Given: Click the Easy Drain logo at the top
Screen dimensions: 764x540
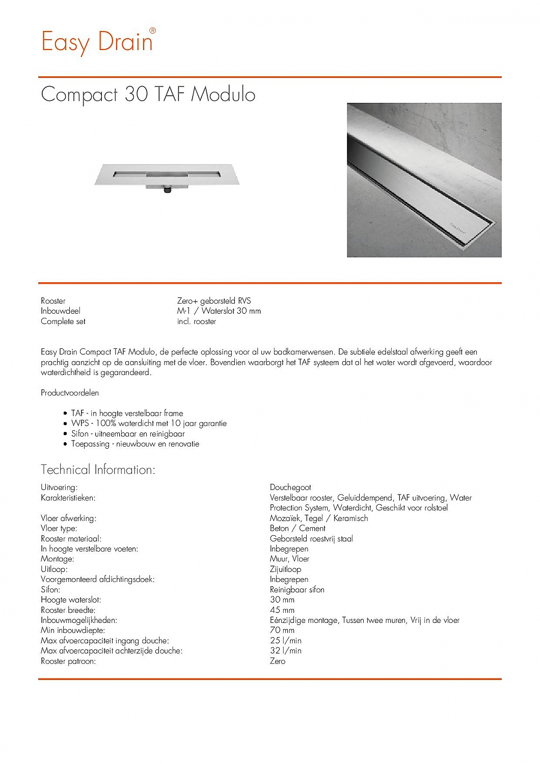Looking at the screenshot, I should click(x=97, y=42).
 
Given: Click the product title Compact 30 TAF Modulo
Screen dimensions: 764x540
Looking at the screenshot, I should click(x=148, y=95).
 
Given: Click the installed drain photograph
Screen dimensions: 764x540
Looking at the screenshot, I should click(x=424, y=180).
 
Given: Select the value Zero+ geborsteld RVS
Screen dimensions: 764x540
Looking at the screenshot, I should click(x=214, y=301).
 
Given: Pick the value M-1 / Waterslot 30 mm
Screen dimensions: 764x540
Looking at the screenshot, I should click(x=219, y=311).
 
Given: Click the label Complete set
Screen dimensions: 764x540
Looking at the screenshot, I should click(x=63, y=321).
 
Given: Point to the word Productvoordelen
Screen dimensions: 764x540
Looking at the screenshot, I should click(x=70, y=393).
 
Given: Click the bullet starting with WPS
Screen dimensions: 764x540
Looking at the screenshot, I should click(x=149, y=423).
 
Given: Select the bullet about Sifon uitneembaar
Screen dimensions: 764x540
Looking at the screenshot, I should click(x=128, y=434).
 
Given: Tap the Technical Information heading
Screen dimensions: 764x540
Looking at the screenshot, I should click(x=98, y=470).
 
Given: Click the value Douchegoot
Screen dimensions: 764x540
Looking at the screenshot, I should click(x=290, y=487).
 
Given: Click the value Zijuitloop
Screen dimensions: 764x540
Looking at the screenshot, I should click(x=285, y=569).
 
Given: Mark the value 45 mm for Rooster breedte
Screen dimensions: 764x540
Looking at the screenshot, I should click(x=282, y=610).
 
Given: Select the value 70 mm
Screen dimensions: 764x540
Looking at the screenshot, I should click(x=282, y=631).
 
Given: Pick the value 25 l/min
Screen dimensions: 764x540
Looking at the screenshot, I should click(x=286, y=641).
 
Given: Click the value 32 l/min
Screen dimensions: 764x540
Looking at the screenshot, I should click(x=286, y=651).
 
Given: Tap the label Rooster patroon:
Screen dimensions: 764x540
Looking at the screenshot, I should click(x=68, y=661).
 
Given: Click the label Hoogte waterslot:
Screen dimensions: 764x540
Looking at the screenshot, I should click(x=71, y=600).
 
